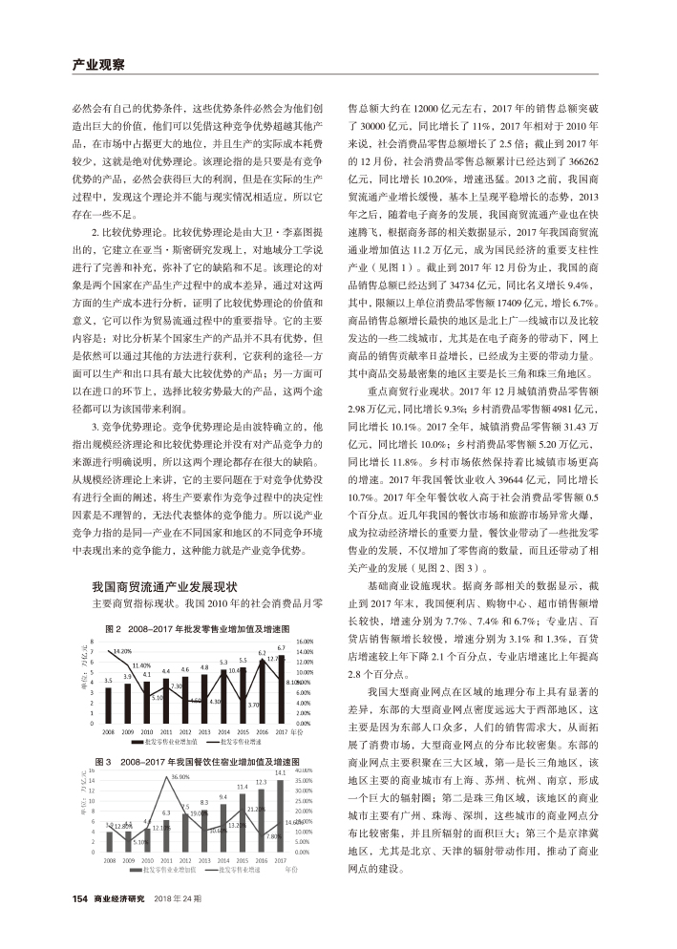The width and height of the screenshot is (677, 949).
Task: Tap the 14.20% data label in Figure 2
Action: [121, 652]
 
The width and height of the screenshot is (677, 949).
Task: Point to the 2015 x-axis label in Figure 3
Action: [243, 860]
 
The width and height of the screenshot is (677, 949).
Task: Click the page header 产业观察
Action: [99, 65]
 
